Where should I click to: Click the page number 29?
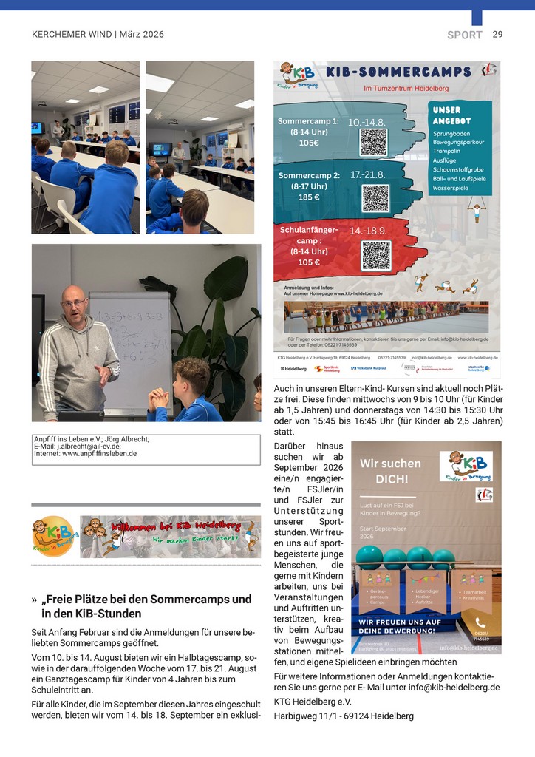tap(497, 35)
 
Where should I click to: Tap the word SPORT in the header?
tap(465, 35)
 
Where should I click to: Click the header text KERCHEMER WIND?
tap(71, 35)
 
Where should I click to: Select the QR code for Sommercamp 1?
tap(373, 141)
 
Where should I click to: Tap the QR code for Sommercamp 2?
tap(375, 197)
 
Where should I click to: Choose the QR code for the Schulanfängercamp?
tap(375, 255)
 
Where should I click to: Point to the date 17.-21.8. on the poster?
tap(367, 175)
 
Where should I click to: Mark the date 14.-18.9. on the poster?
tap(367, 231)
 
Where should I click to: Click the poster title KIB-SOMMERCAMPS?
tap(397, 72)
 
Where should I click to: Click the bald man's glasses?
tap(74, 302)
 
